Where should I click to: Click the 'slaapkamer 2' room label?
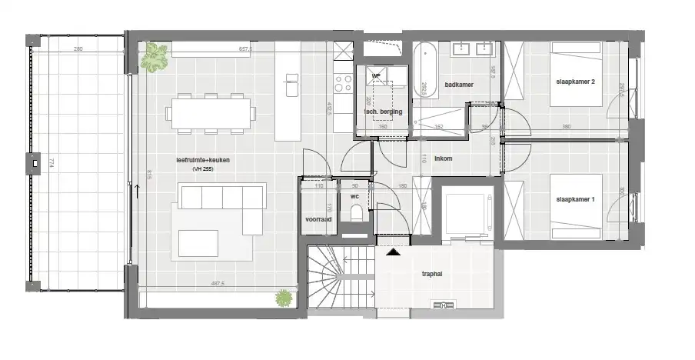[575, 81]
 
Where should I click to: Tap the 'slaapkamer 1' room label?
[575, 200]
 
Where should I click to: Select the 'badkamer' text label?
[458, 85]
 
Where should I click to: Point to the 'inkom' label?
[443, 159]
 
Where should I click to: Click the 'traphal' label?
[432, 273]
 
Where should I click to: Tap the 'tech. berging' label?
[381, 112]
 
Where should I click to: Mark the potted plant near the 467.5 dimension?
[285, 298]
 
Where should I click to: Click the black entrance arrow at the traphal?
[394, 252]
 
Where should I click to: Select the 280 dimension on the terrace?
[78, 49]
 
